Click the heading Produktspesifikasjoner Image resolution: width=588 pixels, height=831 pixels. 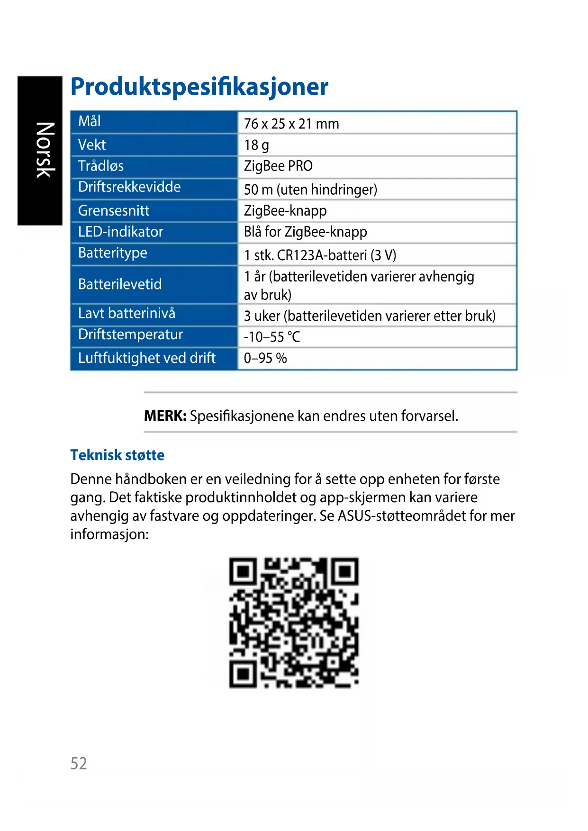199,87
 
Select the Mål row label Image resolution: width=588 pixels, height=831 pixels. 90,121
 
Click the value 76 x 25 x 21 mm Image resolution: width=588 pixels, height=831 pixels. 291,124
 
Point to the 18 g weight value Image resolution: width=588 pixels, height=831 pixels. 256,145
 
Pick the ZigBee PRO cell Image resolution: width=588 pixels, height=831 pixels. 278,166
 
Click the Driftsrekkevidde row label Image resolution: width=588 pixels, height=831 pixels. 129,187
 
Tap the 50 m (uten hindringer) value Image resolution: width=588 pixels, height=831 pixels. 310,190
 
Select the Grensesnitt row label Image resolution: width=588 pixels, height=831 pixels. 114,210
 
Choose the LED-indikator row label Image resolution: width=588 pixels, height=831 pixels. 120,232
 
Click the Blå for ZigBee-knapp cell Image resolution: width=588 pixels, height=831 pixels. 305,232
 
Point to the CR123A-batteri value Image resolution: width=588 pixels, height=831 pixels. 320,255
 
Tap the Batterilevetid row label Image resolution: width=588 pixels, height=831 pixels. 120,284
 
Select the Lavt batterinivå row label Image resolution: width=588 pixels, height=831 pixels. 127,313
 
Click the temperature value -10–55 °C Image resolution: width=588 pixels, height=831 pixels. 272,337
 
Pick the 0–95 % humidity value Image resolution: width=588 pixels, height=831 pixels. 265,358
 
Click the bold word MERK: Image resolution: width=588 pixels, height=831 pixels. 165,416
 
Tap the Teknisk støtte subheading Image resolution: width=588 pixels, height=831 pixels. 118,455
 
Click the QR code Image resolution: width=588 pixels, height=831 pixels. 294,623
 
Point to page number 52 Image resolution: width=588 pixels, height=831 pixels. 79,763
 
